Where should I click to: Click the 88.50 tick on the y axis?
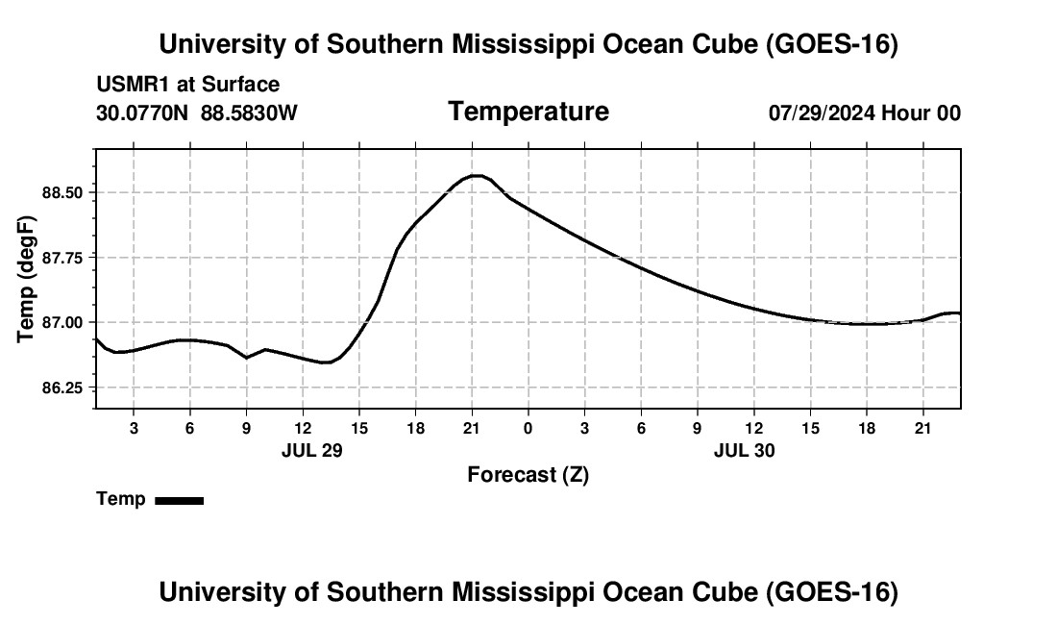coord(62,193)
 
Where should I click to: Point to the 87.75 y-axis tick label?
coord(62,258)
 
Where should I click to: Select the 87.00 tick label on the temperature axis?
coord(62,322)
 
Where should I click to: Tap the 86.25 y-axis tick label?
coord(62,387)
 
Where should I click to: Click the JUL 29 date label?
coord(312,450)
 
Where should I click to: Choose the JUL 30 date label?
coord(744,450)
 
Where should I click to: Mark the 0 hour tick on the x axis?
coord(528,428)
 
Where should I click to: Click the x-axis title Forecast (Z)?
coord(528,475)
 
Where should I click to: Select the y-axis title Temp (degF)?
coord(26,279)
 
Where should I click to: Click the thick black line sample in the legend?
coord(180,500)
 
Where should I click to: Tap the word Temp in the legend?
coord(121,499)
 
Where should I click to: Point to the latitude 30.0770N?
coord(142,112)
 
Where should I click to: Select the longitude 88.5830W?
coord(249,112)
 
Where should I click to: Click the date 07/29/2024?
coord(823,112)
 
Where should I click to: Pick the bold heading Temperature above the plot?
coord(528,112)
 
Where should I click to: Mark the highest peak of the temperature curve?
coord(477,176)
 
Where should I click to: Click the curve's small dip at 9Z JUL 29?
coord(247,358)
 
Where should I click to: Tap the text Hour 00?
coord(922,112)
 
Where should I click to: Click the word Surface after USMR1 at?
coord(240,85)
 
